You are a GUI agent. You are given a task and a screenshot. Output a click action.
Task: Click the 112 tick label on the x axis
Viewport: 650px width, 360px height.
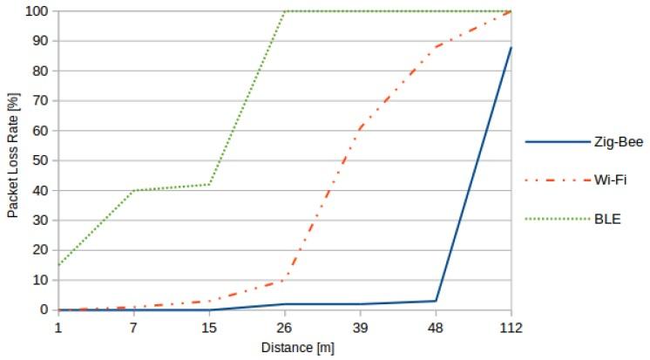pyautogui.click(x=511, y=326)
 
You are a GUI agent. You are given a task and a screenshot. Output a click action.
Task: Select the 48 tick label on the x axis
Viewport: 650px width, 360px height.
pyautogui.click(x=436, y=326)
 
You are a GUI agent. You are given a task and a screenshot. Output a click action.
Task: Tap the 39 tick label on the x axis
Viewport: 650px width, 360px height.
pyautogui.click(x=360, y=326)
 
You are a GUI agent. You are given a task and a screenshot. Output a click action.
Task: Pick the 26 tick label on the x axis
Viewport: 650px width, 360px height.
pyautogui.click(x=285, y=326)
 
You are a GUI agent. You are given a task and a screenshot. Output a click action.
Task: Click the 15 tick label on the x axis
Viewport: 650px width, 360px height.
pyautogui.click(x=209, y=326)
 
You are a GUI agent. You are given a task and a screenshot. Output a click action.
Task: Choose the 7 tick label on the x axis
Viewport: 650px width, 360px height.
pyautogui.click(x=133, y=326)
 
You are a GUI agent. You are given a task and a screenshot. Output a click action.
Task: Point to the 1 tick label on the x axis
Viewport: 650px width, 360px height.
pyautogui.click(x=58, y=326)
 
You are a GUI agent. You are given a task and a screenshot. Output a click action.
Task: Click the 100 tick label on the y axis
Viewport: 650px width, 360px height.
pyautogui.click(x=37, y=11)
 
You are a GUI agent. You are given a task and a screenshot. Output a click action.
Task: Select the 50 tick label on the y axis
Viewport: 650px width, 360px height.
pyautogui.click(x=40, y=160)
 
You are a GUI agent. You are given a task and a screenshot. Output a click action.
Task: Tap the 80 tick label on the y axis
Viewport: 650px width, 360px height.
pyautogui.click(x=40, y=71)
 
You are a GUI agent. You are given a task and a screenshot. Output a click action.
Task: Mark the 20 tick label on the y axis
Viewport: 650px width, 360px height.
pyautogui.click(x=40, y=249)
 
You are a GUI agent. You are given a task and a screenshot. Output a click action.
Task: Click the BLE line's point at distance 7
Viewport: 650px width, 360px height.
pyautogui.click(x=133, y=190)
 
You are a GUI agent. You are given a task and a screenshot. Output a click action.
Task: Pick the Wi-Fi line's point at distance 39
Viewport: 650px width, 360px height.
pyautogui.click(x=360, y=128)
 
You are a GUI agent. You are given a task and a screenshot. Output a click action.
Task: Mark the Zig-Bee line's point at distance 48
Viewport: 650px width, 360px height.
pyautogui.click(x=436, y=301)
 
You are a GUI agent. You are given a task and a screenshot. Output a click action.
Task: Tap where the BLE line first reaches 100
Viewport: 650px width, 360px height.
pyautogui.click(x=285, y=11)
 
